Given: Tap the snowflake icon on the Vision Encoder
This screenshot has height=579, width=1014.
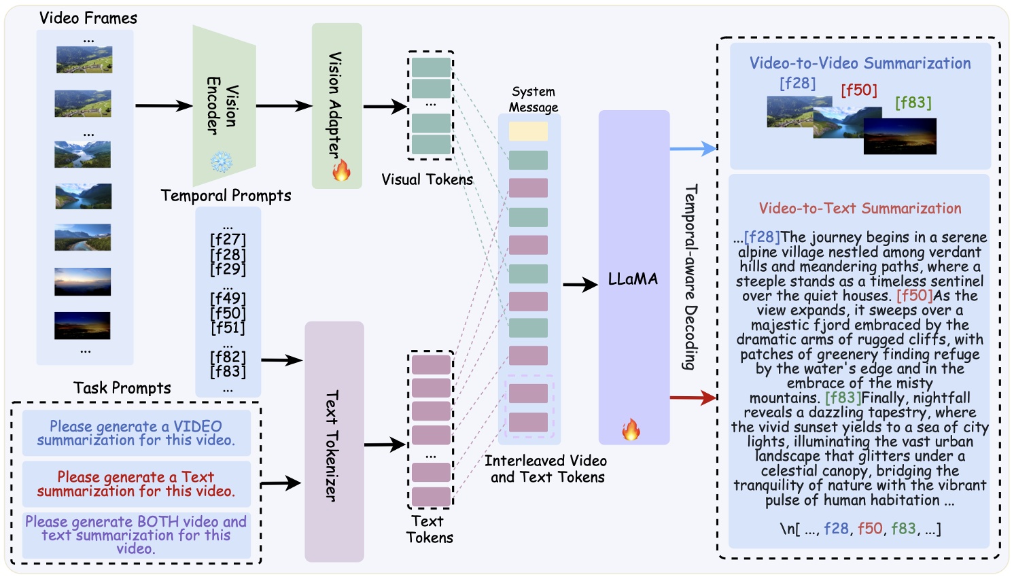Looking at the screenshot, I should coord(221,162).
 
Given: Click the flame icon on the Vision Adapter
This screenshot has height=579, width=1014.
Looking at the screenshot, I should coord(341,170).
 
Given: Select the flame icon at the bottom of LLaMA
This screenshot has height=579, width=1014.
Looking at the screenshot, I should coord(631,429).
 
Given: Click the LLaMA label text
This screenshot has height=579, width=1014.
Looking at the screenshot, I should coord(633,279).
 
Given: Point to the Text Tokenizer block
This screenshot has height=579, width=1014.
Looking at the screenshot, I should coord(334,442).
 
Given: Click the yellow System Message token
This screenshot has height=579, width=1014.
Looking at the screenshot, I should coord(528,131).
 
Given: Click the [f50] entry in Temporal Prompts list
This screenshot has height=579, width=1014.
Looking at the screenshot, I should coord(228,313).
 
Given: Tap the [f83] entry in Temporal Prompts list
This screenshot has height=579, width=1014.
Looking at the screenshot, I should coord(228,372).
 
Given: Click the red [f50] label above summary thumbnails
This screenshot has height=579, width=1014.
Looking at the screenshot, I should coord(858,90).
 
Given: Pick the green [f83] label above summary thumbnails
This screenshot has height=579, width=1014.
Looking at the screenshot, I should coord(913,103).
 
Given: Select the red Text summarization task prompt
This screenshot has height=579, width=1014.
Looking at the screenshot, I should coord(136,484).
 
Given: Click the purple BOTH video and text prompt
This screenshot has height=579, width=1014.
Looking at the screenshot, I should coord(136,535).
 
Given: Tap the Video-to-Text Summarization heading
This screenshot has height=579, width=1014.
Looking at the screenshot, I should coord(860,209).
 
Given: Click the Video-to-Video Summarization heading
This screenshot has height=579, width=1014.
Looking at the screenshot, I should coord(860,63).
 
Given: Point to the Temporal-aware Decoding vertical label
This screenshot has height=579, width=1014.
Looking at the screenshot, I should coord(690,277).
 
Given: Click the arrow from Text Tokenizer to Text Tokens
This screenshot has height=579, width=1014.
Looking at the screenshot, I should coord(384,445).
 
